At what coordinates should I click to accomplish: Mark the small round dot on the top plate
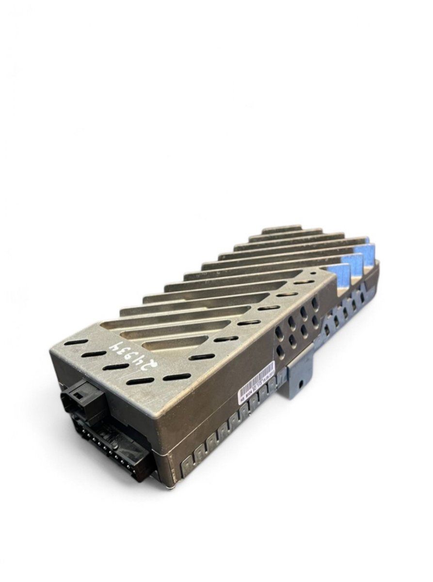(x=314, y=274)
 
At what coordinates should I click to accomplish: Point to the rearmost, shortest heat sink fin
(x=281, y=229)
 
